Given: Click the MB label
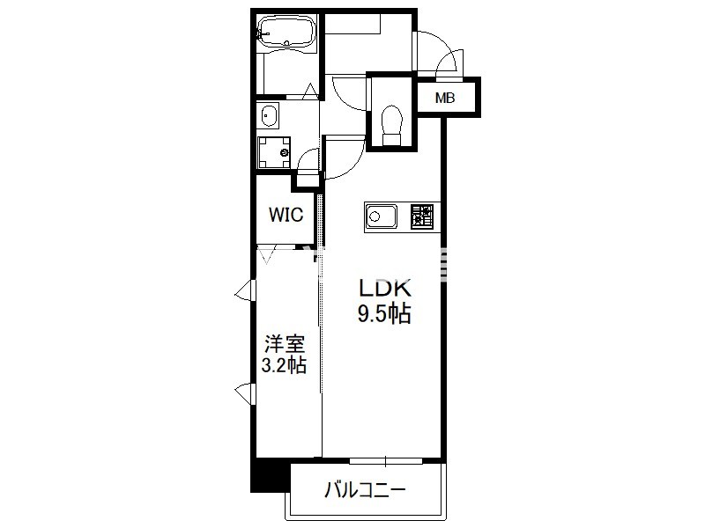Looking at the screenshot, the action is (445, 98).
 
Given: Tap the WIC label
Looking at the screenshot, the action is (286, 215).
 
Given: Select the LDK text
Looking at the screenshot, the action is (385, 289).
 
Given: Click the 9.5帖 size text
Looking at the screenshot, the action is (384, 314).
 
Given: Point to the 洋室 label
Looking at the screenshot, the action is (285, 345).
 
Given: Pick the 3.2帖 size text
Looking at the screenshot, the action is (284, 365).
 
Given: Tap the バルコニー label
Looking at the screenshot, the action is (365, 490).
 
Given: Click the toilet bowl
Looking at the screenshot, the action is (391, 125).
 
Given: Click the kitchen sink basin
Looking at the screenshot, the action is (382, 216).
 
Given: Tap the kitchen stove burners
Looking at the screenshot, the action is (422, 216).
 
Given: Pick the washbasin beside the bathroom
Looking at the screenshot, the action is (269, 115).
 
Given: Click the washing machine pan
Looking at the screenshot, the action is (274, 152).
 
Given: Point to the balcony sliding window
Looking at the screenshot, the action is (386, 460).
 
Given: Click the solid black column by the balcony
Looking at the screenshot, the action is (270, 474).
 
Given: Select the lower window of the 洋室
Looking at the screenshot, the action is (246, 393).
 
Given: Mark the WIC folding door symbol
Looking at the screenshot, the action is (269, 255).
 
